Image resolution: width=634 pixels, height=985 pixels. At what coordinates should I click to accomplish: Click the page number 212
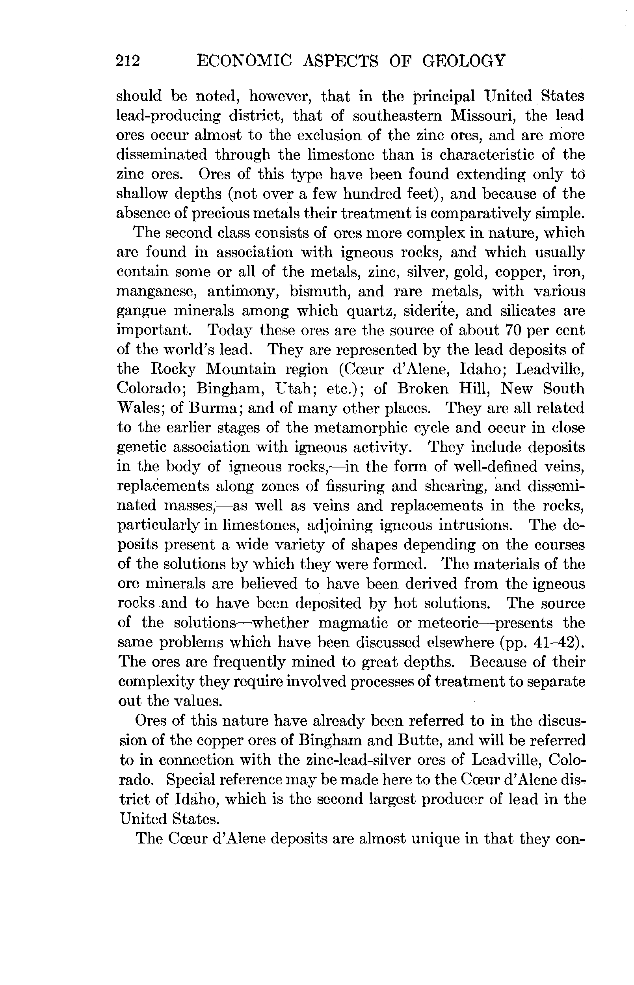[x=128, y=61]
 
